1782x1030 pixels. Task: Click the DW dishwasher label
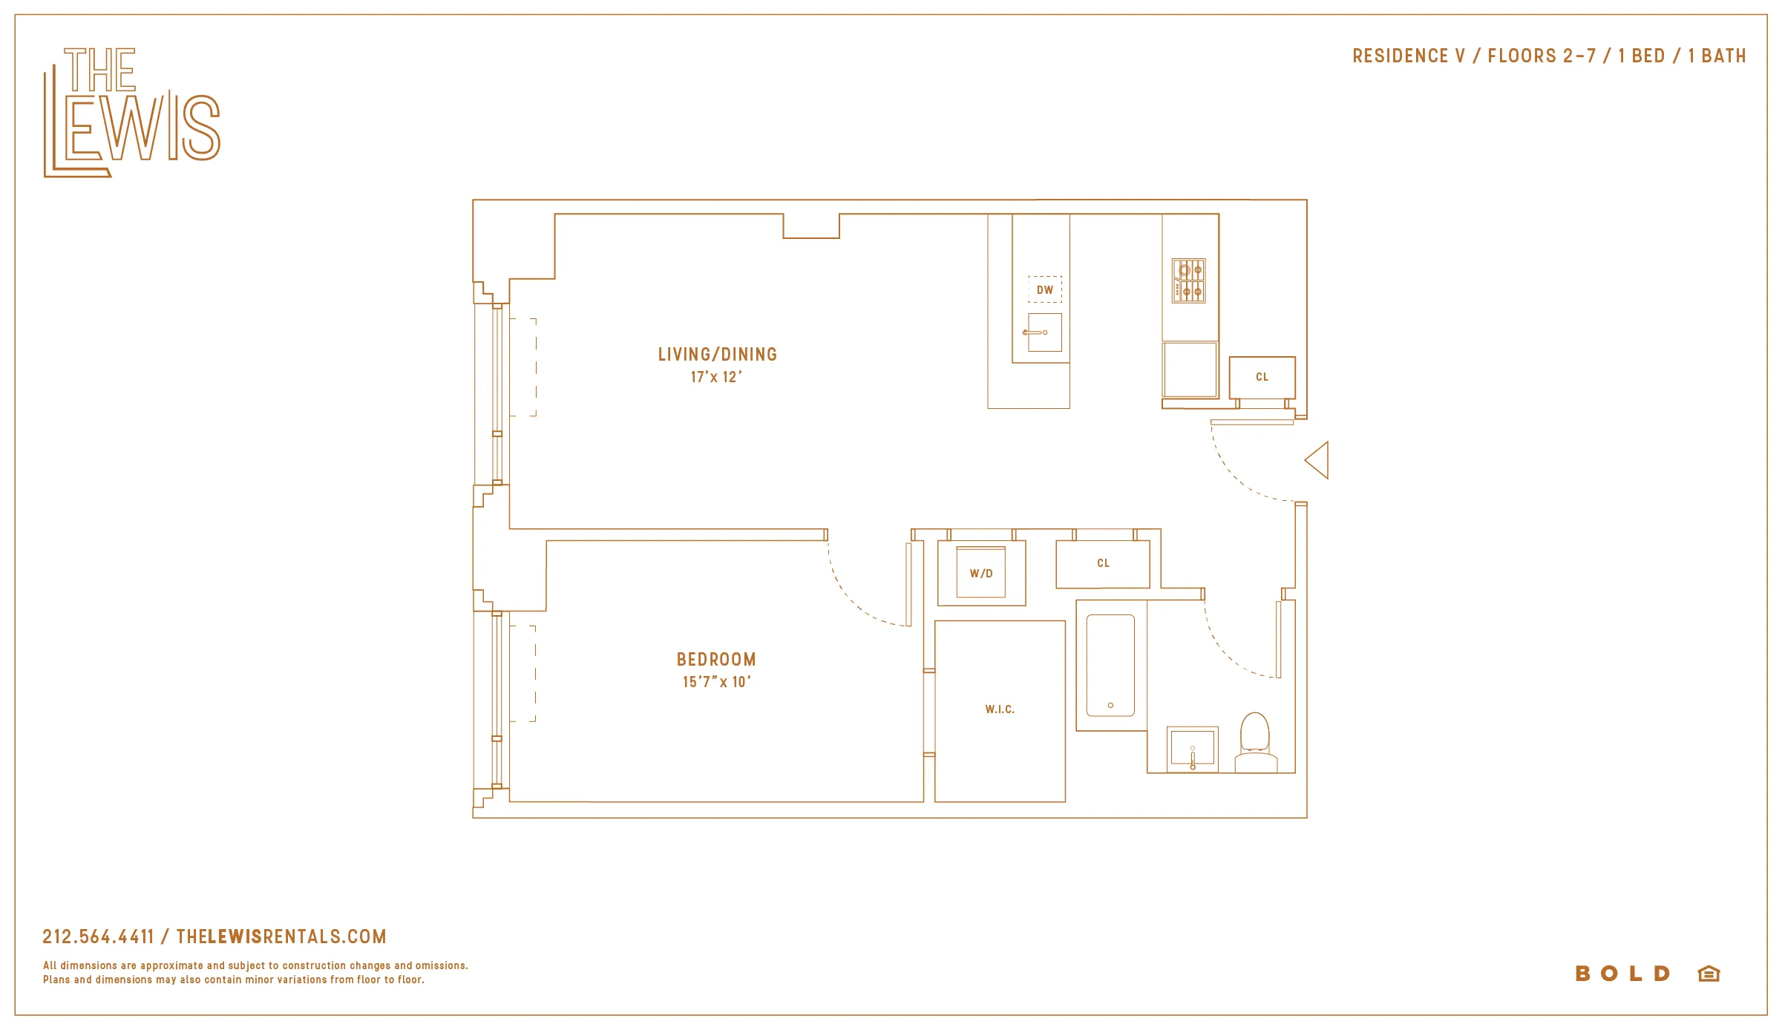[x=1044, y=290]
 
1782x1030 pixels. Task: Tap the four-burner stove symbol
[x=1188, y=281]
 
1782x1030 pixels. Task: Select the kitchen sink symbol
[x=1044, y=332]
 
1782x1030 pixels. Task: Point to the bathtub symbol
[x=1110, y=665]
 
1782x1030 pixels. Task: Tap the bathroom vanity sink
[x=1192, y=748]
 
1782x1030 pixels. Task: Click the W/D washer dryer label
[x=980, y=574]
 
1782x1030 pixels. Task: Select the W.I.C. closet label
[x=1000, y=709]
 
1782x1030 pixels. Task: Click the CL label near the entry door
[x=1262, y=377]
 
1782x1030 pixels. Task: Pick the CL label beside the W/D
[x=1103, y=563]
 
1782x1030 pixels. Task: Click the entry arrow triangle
[x=1318, y=460]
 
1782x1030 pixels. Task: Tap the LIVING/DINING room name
[x=717, y=355]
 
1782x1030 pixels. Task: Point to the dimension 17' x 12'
[x=715, y=377]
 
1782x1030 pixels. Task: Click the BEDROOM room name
[x=716, y=660]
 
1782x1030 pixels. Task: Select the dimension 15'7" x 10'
[x=716, y=682]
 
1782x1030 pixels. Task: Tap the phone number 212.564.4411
[x=98, y=936]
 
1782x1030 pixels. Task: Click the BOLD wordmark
[x=1622, y=974]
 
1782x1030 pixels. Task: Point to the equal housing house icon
[x=1709, y=974]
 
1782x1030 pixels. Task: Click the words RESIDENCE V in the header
[x=1408, y=56]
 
